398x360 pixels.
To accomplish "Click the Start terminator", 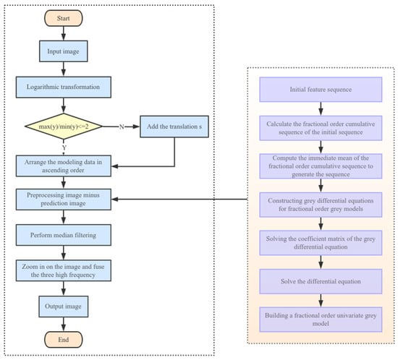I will click(64, 17).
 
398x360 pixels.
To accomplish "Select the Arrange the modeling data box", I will click(64, 166).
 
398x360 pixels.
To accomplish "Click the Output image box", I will click(64, 306).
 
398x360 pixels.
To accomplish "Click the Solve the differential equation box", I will click(319, 280).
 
